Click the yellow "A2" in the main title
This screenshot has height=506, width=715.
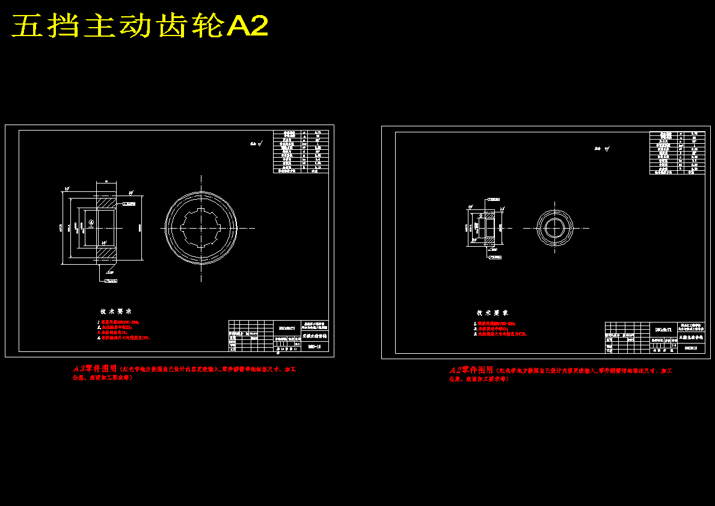247,26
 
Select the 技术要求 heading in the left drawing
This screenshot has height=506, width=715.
116,312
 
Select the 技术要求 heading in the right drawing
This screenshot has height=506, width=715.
493,313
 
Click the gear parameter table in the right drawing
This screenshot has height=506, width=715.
678,153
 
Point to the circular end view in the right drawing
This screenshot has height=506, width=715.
557,228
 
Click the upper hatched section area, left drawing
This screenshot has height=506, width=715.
106,200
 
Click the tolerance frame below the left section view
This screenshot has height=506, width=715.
111,281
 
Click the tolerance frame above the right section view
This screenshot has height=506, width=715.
494,199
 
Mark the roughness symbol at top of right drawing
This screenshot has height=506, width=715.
602,148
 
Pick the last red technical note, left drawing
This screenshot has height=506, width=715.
123,338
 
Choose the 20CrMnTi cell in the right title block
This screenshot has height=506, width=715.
663,329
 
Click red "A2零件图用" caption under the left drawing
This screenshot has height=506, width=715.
95,368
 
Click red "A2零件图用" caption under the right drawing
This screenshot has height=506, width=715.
471,370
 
